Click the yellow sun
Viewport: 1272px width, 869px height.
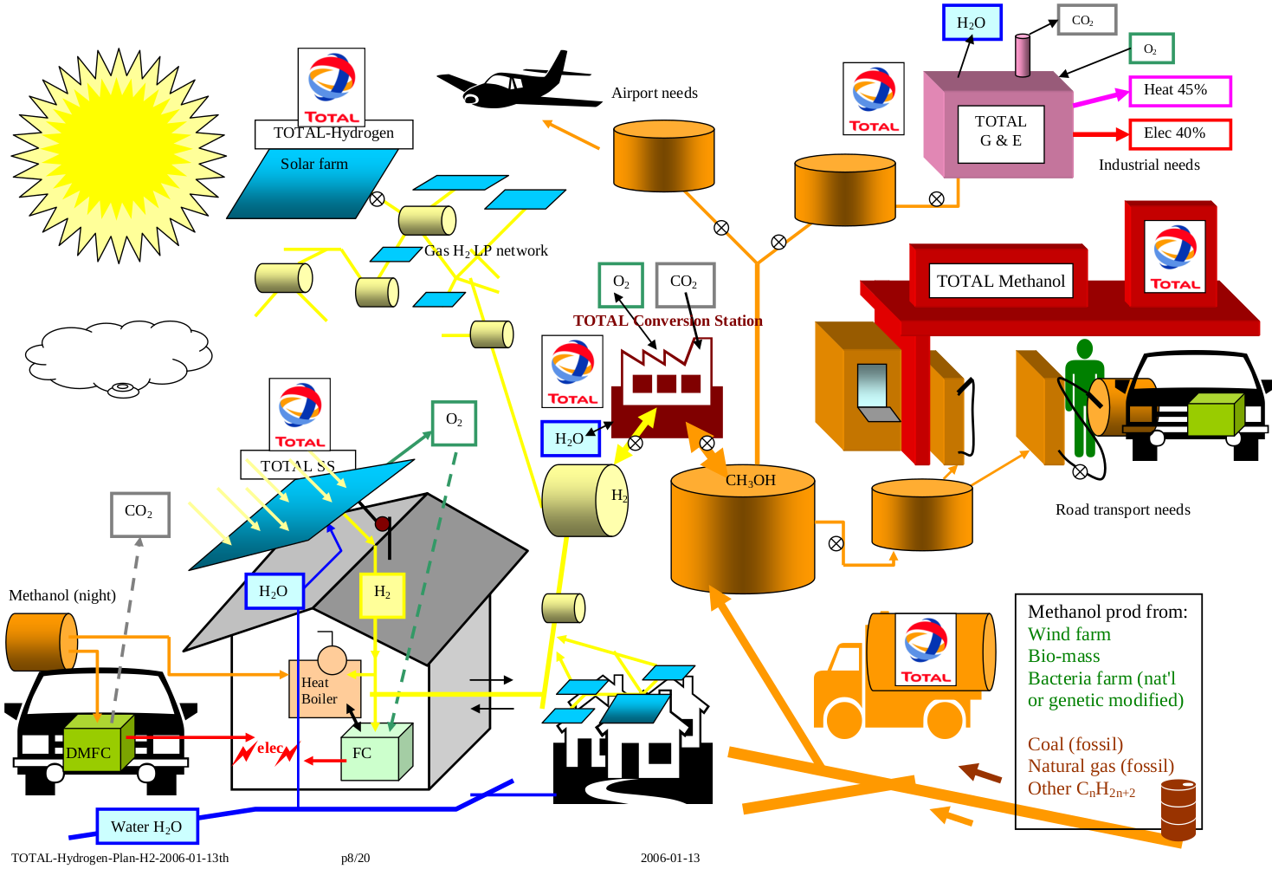click(x=119, y=156)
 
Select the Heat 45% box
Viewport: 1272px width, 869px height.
click(x=1179, y=91)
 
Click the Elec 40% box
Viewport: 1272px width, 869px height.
click(x=1179, y=134)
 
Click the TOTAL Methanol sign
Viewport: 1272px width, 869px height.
click(x=1000, y=282)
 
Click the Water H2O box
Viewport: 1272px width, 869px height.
click(x=146, y=827)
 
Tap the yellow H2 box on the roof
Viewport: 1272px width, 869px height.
click(x=382, y=593)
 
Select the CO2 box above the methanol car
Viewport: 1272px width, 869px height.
click(x=139, y=515)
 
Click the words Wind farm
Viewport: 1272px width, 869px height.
click(x=1069, y=634)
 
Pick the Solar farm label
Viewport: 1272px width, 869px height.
click(x=314, y=164)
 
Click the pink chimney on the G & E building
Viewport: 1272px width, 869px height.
click(x=1023, y=55)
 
